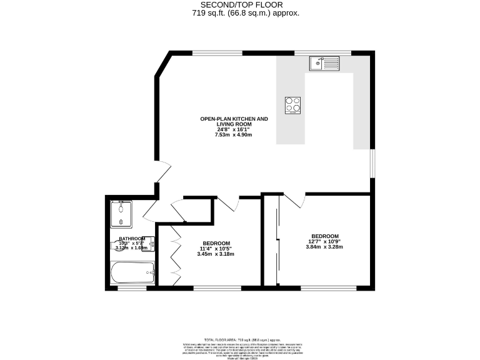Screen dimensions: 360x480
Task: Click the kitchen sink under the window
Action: tap(323, 62)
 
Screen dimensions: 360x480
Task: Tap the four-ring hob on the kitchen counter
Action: tap(293, 106)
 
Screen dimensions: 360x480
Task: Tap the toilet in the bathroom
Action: tap(117, 245)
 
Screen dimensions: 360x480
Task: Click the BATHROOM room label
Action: tap(132, 239)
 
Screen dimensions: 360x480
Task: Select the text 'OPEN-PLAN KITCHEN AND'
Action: tap(233, 119)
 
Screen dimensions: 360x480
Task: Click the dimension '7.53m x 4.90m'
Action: tap(233, 135)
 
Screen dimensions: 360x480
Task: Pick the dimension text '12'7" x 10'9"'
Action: tap(323, 241)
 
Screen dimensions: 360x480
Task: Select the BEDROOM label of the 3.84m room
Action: tap(323, 236)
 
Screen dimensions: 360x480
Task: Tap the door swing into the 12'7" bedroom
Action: tap(296, 201)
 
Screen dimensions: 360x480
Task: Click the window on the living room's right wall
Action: tap(373, 164)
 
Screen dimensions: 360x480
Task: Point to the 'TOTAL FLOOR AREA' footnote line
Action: tap(241, 338)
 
